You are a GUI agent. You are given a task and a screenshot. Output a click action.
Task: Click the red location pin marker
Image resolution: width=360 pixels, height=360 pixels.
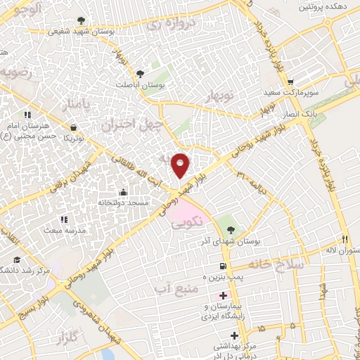(x=181, y=165)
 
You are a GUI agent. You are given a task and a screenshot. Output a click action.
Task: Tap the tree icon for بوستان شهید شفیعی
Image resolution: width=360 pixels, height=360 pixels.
(x=82, y=20)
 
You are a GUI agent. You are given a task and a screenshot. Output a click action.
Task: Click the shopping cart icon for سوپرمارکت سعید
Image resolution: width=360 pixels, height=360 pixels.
(x=309, y=81)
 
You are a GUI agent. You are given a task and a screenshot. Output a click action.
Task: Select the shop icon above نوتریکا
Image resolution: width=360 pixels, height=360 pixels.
(x=75, y=128)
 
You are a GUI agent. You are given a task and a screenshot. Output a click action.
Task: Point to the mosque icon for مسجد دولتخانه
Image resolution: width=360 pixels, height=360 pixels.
(x=124, y=192)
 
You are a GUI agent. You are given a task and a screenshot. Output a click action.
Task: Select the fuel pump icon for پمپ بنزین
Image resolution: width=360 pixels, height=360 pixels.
(x=223, y=266)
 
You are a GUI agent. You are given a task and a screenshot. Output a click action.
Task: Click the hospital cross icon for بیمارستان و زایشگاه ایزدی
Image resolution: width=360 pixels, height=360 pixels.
(x=223, y=297)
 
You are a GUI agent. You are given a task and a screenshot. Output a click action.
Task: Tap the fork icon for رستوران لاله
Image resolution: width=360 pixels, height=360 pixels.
(x=344, y=239)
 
